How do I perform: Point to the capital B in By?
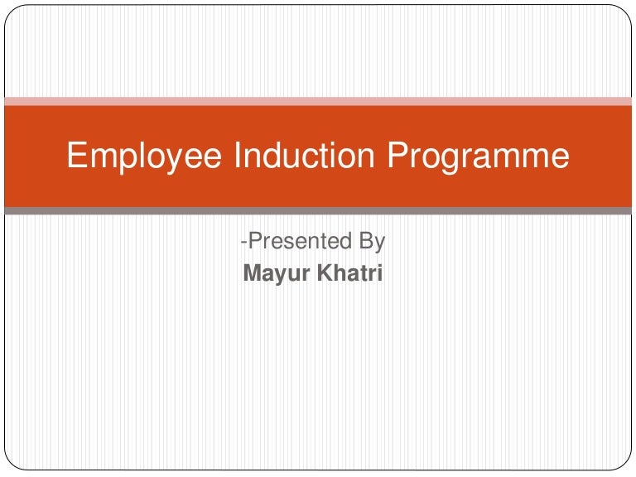tap(365, 242)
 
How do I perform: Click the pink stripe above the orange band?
tap(318, 101)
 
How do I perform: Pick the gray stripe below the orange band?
tap(318, 211)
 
